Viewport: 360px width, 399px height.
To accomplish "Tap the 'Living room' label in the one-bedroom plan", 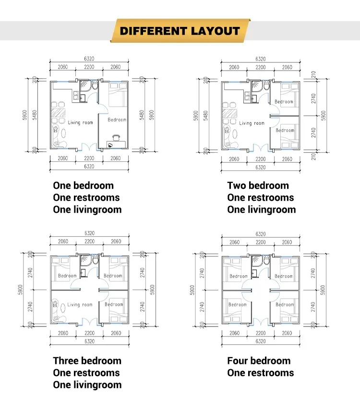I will tap(80, 122).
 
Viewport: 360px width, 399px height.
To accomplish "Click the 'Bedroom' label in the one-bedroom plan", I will tap(117, 120).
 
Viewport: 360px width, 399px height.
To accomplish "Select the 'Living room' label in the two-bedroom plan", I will tap(252, 123).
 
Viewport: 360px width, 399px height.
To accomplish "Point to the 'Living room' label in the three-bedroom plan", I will tap(80, 304).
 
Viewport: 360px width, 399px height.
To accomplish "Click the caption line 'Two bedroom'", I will tap(258, 186).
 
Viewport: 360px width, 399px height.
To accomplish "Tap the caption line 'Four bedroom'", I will tap(259, 361).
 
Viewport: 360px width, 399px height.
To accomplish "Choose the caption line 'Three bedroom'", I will tap(87, 361).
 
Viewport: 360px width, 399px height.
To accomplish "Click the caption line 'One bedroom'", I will tap(83, 186).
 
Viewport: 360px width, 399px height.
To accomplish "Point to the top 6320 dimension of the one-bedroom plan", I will tap(89, 59).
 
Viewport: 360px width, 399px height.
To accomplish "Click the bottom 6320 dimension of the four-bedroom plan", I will tap(260, 342).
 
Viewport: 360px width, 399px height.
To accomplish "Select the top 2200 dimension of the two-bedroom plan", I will tap(260, 67).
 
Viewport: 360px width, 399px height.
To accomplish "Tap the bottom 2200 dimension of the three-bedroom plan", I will tap(89, 333).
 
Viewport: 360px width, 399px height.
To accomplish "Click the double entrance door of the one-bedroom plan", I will tap(89, 147).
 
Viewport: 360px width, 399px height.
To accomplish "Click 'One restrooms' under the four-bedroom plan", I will tap(260, 373).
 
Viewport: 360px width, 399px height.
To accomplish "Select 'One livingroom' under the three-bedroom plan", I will tap(87, 385).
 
